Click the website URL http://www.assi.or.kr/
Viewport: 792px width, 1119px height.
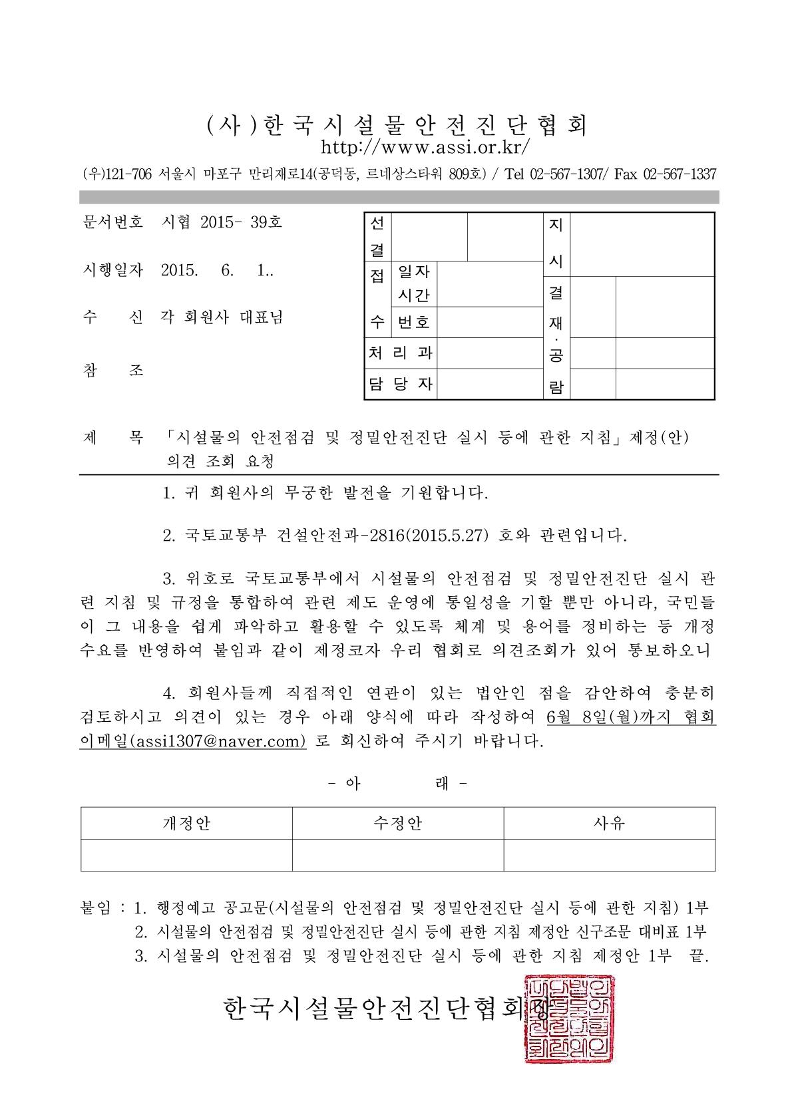pos(426,146)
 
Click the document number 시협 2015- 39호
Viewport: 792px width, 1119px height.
pos(222,222)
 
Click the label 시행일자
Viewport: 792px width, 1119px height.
pos(112,270)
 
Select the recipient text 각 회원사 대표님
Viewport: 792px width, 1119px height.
pos(222,317)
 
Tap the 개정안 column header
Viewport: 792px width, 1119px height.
pos(186,824)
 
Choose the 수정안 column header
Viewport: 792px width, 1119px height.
pos(398,824)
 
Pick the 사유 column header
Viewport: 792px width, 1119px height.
pos(609,824)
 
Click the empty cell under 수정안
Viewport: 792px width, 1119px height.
pos(398,855)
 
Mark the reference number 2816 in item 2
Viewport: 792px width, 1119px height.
pos(385,536)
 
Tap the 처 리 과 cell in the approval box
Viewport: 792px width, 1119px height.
pos(401,353)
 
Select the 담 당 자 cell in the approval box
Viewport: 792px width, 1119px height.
pos(401,384)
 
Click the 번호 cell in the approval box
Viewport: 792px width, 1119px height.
pos(414,323)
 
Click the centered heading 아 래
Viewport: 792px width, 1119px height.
pos(398,784)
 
